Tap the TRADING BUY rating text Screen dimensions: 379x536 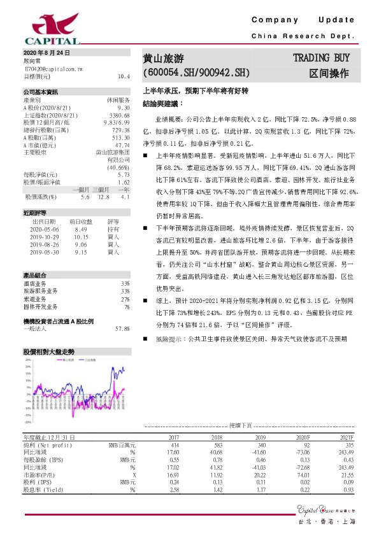click(323, 59)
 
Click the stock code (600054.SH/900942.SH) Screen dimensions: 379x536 click(196, 74)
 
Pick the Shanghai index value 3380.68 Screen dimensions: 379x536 click(119, 115)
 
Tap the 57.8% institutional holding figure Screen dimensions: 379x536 click(122, 328)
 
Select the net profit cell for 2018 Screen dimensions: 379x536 click(217, 445)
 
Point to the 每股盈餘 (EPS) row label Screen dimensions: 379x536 click(43, 460)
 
